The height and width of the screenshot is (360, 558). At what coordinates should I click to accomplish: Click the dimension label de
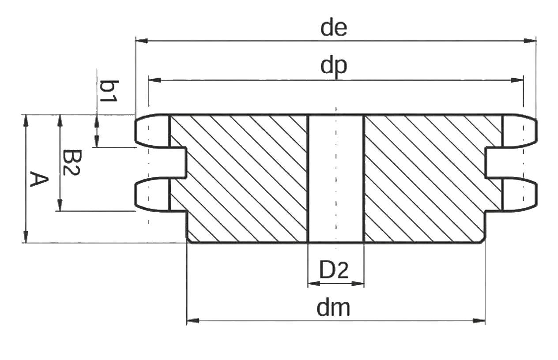point(334,28)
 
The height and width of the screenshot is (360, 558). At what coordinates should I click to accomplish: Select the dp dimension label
point(334,67)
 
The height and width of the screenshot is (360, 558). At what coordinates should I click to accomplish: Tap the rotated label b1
point(109,91)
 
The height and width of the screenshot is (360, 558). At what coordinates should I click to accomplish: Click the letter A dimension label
point(39,179)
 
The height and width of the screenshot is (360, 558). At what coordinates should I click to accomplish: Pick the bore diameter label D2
point(334,270)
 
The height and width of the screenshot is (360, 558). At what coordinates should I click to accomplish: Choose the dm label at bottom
point(333,308)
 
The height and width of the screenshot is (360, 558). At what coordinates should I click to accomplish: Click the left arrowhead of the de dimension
point(142,41)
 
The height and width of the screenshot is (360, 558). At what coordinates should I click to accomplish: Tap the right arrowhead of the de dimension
point(530,41)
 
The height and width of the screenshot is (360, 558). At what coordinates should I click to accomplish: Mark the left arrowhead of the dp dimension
point(155,80)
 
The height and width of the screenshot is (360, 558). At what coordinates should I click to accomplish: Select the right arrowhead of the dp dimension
point(517,80)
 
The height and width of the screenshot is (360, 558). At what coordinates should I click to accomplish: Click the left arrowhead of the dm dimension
point(193,321)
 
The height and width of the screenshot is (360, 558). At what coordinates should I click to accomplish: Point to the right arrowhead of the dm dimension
point(479,321)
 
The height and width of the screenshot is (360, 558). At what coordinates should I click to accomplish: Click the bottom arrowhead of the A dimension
point(26,236)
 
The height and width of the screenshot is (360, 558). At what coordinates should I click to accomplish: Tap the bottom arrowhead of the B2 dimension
point(60,205)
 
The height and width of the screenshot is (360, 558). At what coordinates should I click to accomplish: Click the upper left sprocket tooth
point(152,131)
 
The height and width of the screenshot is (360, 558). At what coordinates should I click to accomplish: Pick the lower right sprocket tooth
point(519,195)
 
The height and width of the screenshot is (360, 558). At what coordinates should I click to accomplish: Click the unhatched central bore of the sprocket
point(336,179)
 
